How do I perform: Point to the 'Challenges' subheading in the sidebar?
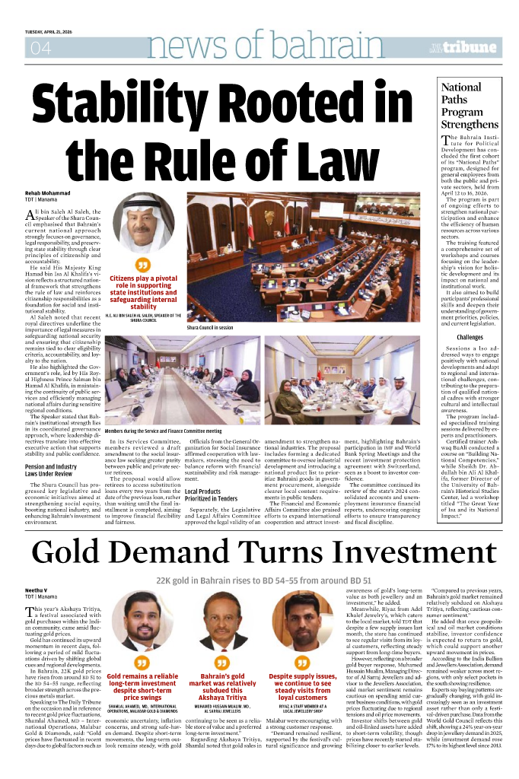click(470, 337)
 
